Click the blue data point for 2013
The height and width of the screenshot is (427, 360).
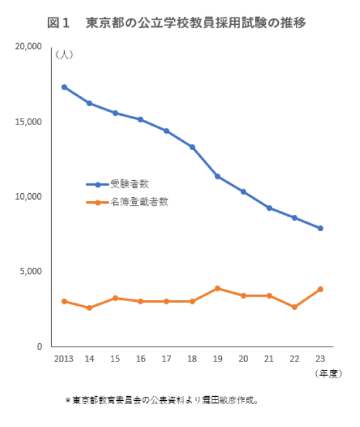[x=63, y=86]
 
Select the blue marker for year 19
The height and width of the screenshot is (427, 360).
[x=217, y=176]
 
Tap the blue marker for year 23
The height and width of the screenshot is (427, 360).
[x=320, y=228]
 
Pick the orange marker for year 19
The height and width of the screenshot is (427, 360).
[x=217, y=288]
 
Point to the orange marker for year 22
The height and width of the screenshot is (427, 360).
[x=295, y=306]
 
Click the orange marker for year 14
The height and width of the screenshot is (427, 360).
[x=89, y=308]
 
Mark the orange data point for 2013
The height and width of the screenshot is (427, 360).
[x=63, y=301]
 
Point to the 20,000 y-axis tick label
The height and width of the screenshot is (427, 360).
[x=28, y=46]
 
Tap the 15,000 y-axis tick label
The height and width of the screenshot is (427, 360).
[x=28, y=122]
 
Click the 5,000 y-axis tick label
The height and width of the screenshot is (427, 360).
[x=31, y=271]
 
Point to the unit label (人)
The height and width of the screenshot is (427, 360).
[x=63, y=55]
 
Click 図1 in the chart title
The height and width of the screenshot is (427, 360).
[x=58, y=22]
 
